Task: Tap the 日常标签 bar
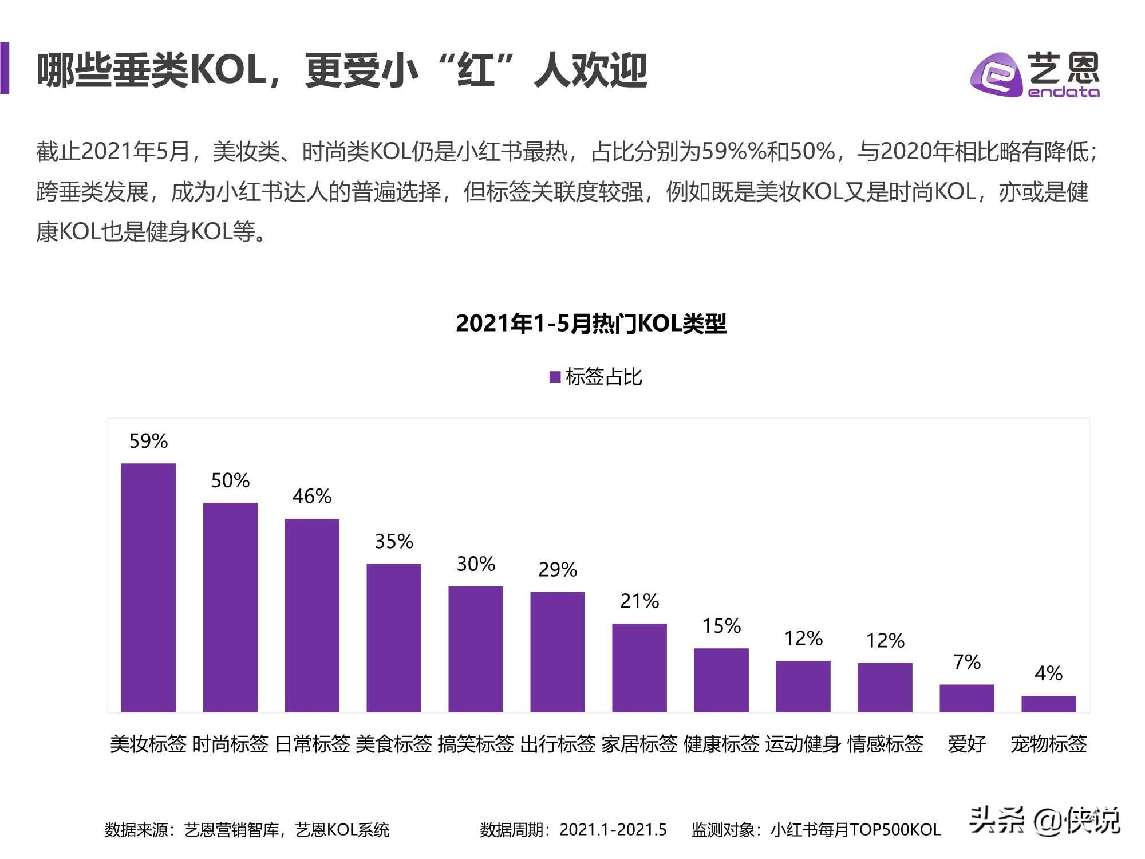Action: coord(312,615)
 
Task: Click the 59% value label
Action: coord(148,441)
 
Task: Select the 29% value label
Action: coord(558,570)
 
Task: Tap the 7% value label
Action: coord(967,663)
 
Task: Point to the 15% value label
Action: coord(721,626)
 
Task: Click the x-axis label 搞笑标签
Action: coord(476,744)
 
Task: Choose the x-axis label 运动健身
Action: coord(803,744)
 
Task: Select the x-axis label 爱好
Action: coord(967,744)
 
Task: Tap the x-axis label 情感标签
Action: coord(885,744)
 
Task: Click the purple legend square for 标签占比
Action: coord(555,377)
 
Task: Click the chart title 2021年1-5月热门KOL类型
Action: coord(591,324)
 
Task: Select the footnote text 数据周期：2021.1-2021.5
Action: coord(573,830)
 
